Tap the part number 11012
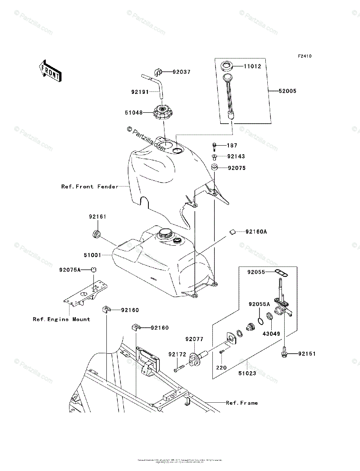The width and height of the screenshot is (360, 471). click(252, 66)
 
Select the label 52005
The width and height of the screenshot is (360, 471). click(287, 91)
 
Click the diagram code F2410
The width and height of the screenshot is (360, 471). click(304, 56)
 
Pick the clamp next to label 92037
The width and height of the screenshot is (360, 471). click(158, 72)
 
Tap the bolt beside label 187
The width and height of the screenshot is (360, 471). click(214, 147)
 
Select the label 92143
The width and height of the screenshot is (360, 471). click(236, 156)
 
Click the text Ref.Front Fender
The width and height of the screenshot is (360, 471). click(90, 186)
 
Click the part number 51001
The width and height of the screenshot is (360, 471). click(92, 255)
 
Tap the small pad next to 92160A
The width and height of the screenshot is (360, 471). click(232, 232)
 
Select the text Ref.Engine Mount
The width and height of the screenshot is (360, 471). click(61, 319)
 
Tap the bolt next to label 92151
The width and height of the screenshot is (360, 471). click(284, 354)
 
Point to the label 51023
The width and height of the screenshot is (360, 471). click(247, 373)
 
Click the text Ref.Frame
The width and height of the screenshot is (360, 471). click(242, 403)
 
